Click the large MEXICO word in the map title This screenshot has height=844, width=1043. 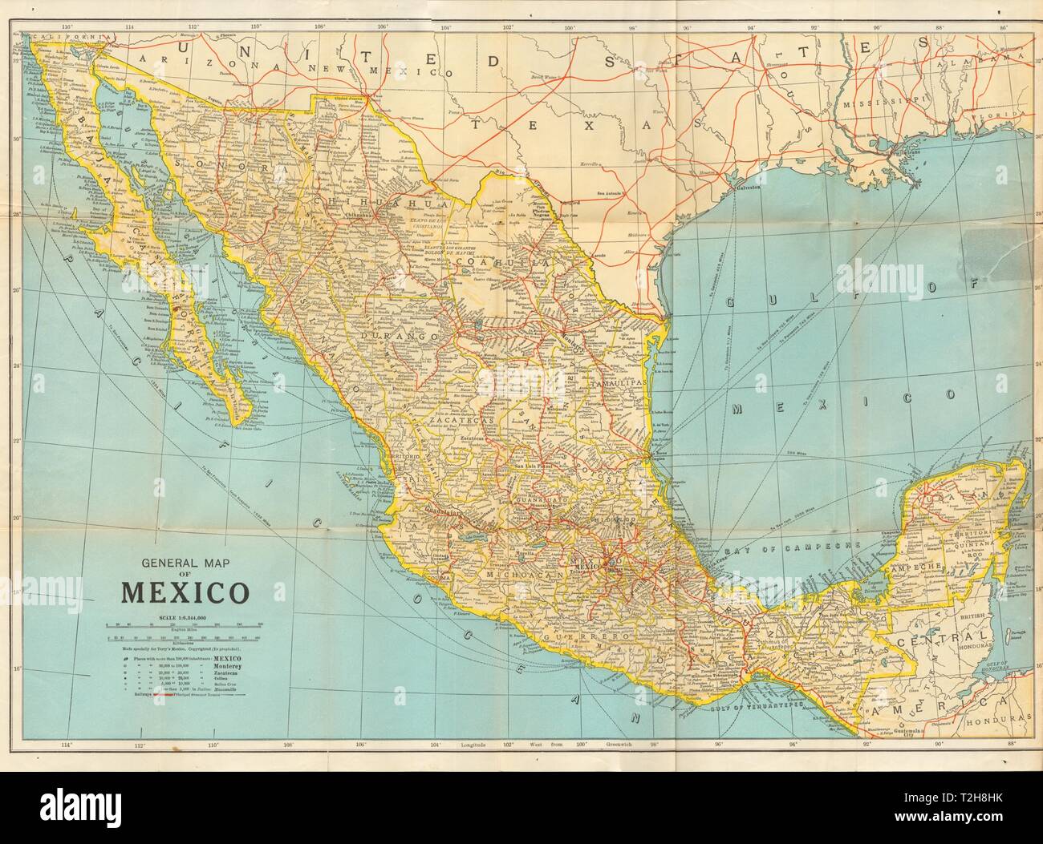(x=184, y=594)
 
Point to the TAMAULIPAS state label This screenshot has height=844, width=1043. (x=618, y=385)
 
